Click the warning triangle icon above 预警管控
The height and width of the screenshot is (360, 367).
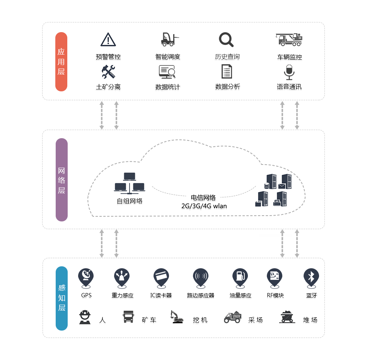click(108, 39)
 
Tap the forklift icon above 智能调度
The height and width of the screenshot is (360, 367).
click(170, 39)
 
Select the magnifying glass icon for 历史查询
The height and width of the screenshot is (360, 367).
click(226, 39)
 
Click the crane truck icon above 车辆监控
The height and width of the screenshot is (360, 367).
click(289, 39)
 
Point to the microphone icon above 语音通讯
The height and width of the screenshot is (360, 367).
click(289, 72)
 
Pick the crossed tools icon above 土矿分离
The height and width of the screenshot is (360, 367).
click(108, 72)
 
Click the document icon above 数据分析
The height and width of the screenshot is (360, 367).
click(227, 72)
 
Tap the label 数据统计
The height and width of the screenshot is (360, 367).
click(167, 87)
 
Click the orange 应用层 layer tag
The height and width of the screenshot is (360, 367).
click(61, 62)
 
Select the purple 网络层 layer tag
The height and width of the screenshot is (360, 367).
click(61, 180)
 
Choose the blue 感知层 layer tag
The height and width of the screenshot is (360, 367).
click(61, 298)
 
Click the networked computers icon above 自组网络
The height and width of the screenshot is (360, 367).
click(130, 183)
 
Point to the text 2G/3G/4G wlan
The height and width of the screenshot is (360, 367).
click(204, 206)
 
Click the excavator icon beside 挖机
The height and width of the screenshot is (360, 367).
click(177, 317)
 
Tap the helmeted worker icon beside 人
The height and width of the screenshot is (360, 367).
click(85, 317)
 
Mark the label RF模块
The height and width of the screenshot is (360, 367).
click(275, 295)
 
